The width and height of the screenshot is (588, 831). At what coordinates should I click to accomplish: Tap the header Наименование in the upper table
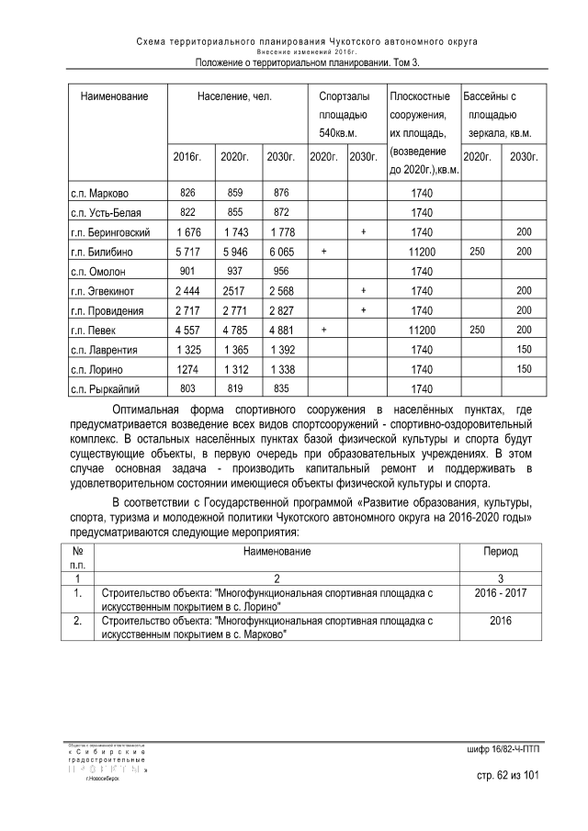pyautogui.click(x=114, y=95)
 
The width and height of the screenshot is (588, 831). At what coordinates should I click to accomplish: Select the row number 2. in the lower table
pyautogui.click(x=78, y=622)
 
